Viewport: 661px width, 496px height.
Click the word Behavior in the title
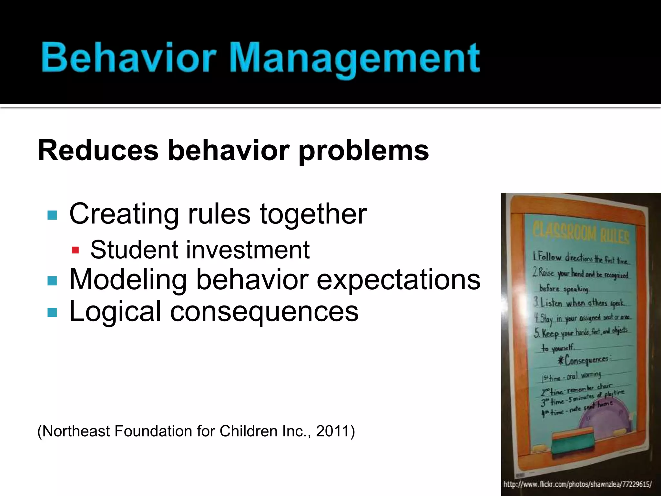click(128, 58)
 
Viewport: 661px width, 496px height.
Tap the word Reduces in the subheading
click(98, 150)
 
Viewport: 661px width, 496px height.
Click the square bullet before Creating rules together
click(52, 215)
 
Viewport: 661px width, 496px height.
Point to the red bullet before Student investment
click(75, 250)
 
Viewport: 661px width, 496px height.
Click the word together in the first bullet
click(313, 214)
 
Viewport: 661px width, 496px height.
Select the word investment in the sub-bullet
click(248, 250)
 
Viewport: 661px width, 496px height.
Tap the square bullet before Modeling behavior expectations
click(52, 280)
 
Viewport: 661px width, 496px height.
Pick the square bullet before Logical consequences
click(52, 312)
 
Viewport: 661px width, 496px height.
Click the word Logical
click(115, 311)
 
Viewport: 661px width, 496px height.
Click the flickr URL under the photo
click(577, 484)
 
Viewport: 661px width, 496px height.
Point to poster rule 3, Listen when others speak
click(579, 303)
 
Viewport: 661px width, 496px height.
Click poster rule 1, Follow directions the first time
click(580, 258)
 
